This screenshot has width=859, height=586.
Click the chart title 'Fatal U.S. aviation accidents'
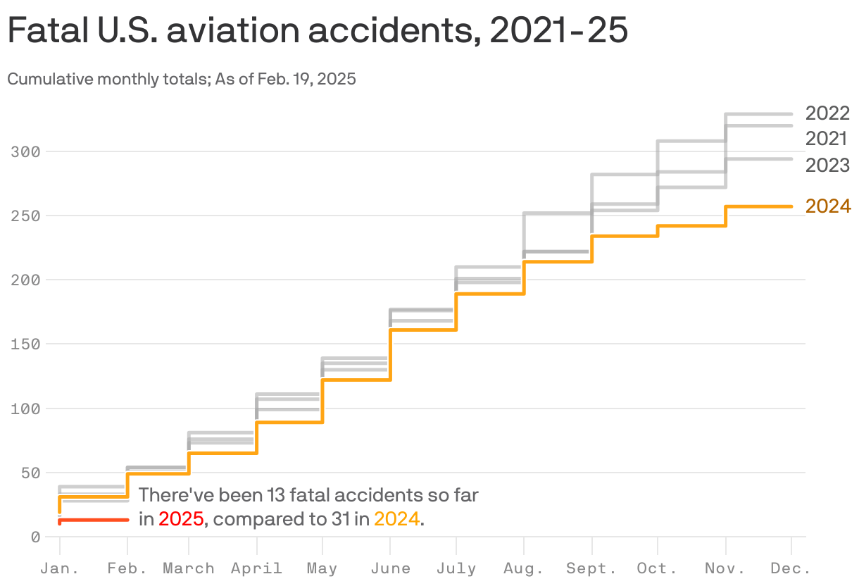(x=317, y=32)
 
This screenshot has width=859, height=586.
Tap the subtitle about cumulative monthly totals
(x=182, y=79)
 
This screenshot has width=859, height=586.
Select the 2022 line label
(x=827, y=113)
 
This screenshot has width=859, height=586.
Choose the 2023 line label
(x=827, y=166)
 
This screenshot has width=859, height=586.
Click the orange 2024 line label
(x=828, y=206)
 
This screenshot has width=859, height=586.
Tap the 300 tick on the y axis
(x=25, y=151)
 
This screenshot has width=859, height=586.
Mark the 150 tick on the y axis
(x=25, y=344)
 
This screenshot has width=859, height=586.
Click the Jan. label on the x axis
(x=59, y=568)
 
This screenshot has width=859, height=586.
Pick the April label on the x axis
(x=256, y=568)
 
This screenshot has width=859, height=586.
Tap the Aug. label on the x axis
(x=523, y=568)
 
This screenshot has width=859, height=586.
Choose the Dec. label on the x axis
(x=791, y=568)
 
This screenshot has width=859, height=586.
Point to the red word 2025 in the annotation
(x=181, y=520)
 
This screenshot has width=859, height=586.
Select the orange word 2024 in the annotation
(x=396, y=520)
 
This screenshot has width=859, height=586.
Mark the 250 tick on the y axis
(x=25, y=216)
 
